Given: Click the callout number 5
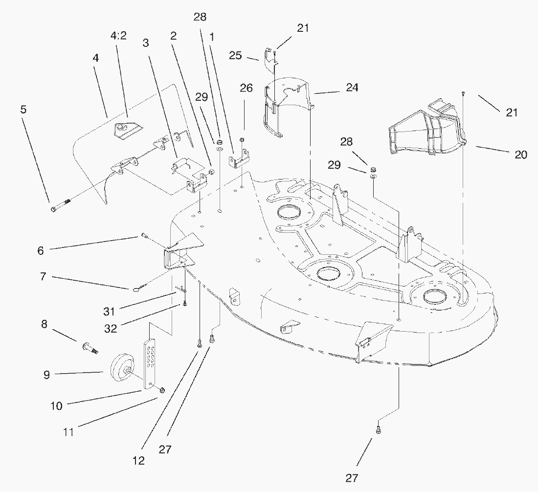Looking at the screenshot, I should [x=23, y=109].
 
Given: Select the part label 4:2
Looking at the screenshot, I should [x=118, y=37].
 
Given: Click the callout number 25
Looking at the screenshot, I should [x=235, y=56].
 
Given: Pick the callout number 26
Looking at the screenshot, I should [x=247, y=88].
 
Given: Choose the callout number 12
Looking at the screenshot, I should [x=138, y=461].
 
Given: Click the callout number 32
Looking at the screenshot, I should [x=111, y=329].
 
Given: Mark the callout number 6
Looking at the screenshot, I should [x=41, y=251].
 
